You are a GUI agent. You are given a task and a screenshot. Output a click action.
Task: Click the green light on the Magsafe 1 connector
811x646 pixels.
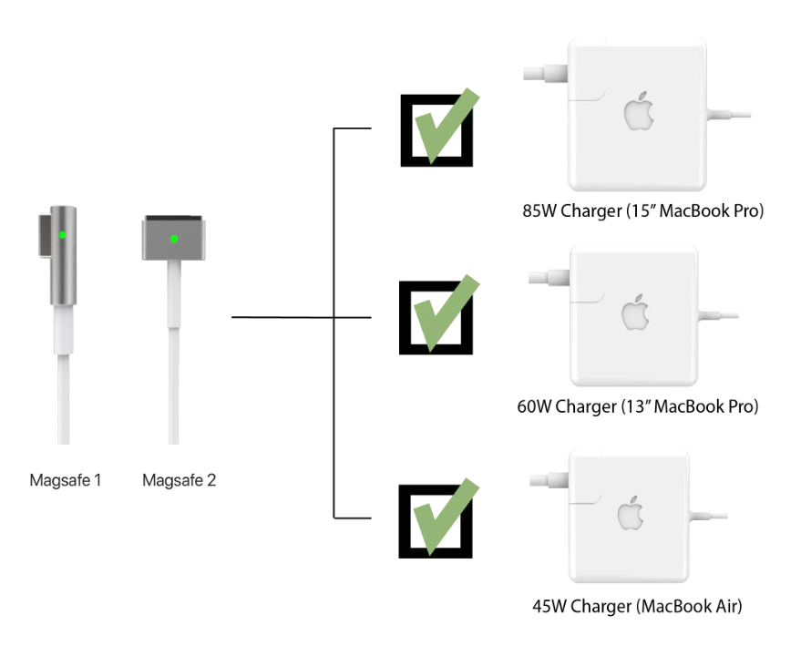(62, 234)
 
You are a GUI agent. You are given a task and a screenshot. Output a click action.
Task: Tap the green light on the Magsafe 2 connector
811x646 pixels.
(174, 240)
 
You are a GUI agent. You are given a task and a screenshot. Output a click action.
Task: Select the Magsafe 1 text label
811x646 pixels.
(65, 479)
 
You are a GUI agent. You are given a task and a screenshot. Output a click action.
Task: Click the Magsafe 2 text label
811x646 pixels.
(180, 479)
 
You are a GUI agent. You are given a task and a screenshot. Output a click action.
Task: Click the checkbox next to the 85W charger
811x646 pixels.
(436, 130)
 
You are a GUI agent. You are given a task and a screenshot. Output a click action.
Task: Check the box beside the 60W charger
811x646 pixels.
(436, 317)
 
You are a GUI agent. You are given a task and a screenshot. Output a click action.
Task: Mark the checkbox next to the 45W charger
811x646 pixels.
(436, 519)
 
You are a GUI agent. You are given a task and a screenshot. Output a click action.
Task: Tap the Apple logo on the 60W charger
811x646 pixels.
(636, 313)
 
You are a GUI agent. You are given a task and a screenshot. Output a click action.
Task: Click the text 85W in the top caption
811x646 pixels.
(539, 211)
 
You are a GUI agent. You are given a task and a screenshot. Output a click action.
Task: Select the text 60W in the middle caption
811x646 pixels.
(534, 406)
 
